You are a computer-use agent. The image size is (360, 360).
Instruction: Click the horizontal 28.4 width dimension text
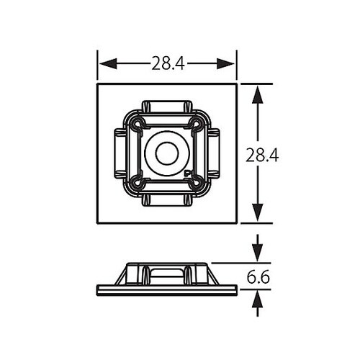pos(168,63)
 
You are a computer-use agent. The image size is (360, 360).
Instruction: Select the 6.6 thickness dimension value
pos(258,276)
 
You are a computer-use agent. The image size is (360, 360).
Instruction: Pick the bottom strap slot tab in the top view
pos(167,200)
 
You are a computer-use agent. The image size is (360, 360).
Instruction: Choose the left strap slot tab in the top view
pos(120,153)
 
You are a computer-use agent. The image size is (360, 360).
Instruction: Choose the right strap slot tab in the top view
pos(214,153)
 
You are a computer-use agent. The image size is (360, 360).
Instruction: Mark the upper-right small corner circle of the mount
pos(195,125)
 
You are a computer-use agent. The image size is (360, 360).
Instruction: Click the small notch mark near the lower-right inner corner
pos(188,173)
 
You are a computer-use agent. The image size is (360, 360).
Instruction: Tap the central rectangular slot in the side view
pos(167,274)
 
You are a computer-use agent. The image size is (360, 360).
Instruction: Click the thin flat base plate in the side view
pos(167,289)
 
